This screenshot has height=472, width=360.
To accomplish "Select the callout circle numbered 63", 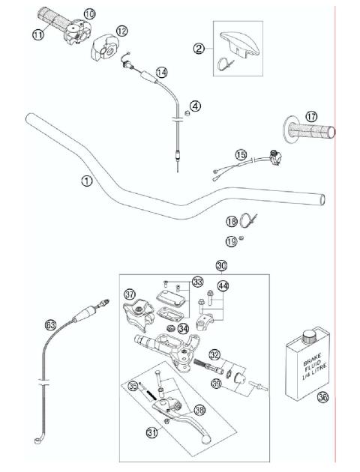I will coord(50,324).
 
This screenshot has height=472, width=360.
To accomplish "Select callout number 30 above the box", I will coord(221,265).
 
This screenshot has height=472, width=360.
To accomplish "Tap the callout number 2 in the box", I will coord(199,49).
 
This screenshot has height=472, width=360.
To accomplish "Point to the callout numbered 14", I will coord(161,72).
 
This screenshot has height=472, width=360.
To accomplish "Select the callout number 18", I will coord(232,221).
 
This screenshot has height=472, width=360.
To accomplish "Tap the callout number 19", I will coord(232,240).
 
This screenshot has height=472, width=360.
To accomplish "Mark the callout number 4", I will coord(195,106).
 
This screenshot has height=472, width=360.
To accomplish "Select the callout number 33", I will coord(197,282).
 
